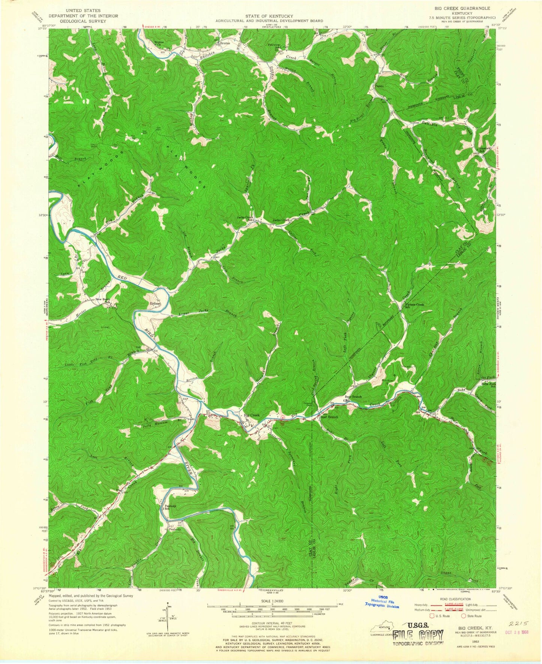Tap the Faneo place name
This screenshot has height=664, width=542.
379,86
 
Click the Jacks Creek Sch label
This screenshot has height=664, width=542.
244,219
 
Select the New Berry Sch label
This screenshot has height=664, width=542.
104,300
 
